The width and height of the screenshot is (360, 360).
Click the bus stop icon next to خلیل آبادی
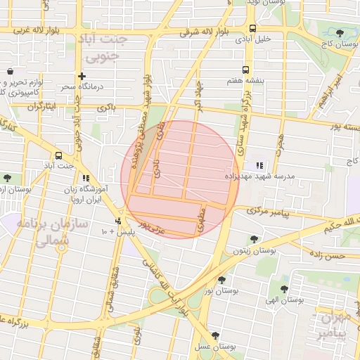coord(252,28)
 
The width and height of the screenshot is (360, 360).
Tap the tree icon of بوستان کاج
coord(340,33)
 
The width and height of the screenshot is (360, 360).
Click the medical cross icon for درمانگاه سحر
coord(82,76)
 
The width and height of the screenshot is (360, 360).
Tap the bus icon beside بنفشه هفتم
coord(245,70)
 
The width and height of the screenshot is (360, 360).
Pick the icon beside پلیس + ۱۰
coord(127,221)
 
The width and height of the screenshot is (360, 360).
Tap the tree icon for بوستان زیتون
coord(253,239)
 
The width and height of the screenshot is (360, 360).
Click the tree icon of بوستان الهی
coord(284,289)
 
